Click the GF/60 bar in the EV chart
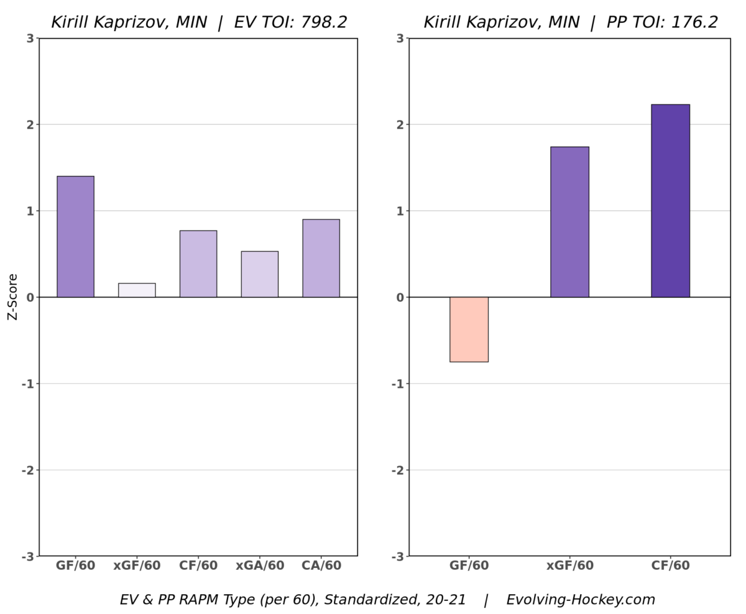[75, 237]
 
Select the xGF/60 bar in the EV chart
[137, 290]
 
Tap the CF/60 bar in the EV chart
[198, 263]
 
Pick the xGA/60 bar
[260, 274]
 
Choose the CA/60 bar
[321, 258]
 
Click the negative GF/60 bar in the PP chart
[469, 329]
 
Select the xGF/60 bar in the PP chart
[569, 222]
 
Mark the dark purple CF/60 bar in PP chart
[670, 201]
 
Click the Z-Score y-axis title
[12, 297]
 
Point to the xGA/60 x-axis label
[260, 566]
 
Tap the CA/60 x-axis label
[321, 566]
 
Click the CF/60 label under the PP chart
[670, 566]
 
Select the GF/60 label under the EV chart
[75, 566]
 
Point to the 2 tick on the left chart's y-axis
[30, 124]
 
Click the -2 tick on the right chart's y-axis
[397, 470]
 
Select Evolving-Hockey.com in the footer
[581, 600]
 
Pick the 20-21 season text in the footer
[446, 600]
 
